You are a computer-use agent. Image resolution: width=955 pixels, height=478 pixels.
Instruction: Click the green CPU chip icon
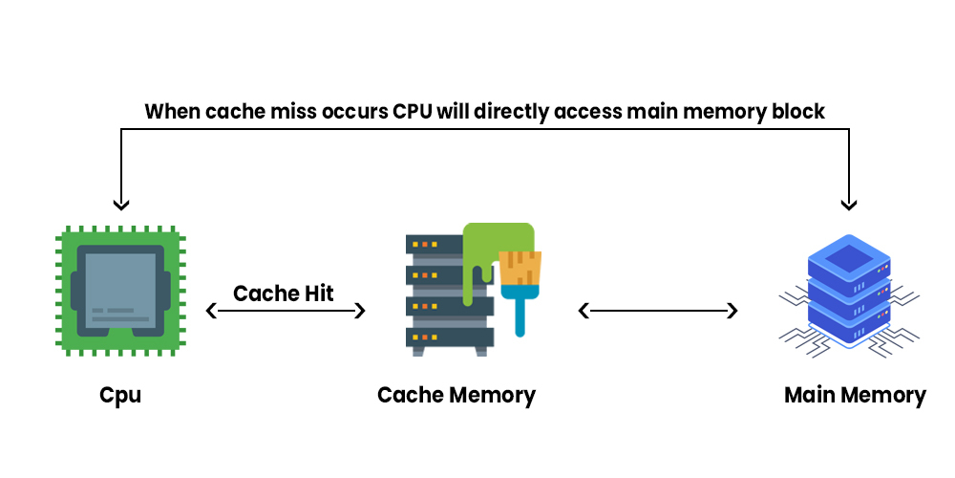[x=120, y=292]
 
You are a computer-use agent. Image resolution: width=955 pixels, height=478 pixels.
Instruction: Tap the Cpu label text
[x=120, y=395]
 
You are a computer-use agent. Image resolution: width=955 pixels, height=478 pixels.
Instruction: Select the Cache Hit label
[x=284, y=293]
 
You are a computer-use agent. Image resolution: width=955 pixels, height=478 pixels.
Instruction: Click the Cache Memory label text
[x=456, y=395]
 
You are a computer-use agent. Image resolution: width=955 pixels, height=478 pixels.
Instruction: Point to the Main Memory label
[x=855, y=395]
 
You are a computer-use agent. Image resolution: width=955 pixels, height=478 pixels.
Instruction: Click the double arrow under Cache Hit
[x=286, y=311]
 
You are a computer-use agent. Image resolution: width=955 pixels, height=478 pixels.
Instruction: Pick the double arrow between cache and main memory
[x=659, y=311]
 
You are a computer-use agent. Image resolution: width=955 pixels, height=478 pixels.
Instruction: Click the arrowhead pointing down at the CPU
[x=120, y=204]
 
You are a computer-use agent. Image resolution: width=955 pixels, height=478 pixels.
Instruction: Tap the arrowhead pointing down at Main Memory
[x=848, y=204]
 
